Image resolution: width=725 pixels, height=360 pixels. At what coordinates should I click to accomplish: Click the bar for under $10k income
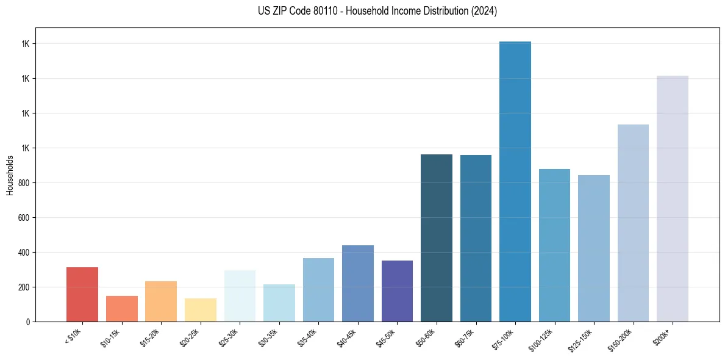[x=82, y=294]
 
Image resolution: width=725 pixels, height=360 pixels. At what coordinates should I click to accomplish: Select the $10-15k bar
[x=122, y=309]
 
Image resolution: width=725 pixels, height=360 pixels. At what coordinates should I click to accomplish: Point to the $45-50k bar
[x=397, y=291]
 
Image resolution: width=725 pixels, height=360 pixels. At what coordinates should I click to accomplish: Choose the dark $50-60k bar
[x=437, y=238]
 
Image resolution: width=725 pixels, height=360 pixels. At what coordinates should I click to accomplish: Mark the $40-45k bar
[x=358, y=283]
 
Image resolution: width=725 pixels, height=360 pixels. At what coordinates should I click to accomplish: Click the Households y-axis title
[x=10, y=175]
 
